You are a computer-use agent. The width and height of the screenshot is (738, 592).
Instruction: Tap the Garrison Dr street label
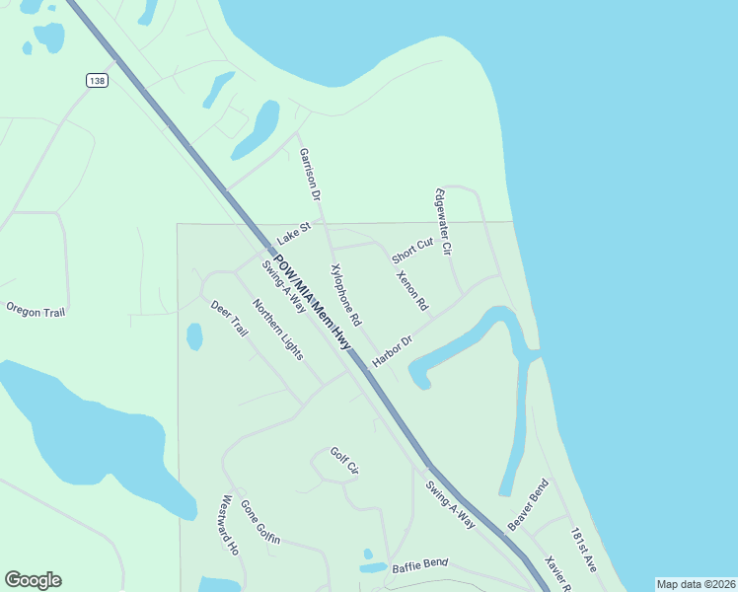click(x=310, y=175)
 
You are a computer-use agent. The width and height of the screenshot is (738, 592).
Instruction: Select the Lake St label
click(x=294, y=233)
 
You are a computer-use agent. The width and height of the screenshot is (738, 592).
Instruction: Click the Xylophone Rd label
click(x=346, y=295)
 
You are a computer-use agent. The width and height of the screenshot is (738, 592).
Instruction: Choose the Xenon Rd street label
click(x=410, y=288)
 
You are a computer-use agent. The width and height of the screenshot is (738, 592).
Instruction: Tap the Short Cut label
click(x=412, y=251)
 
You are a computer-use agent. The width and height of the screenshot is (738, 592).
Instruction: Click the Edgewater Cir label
click(x=442, y=223)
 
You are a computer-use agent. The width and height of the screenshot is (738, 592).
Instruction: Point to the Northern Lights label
click(x=277, y=329)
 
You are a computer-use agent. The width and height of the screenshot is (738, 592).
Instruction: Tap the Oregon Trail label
click(x=36, y=310)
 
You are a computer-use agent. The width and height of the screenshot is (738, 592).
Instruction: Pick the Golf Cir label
click(x=343, y=461)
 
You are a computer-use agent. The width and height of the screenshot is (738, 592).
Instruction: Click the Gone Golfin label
click(x=260, y=522)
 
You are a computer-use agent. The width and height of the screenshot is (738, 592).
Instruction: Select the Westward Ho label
click(x=231, y=525)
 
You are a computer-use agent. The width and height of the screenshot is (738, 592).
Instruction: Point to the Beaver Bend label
click(x=528, y=504)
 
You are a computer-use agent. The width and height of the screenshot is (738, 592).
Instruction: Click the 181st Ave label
click(x=583, y=550)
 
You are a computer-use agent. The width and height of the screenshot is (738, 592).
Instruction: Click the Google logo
click(x=33, y=580)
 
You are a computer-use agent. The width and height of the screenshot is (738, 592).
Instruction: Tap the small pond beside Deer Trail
click(x=194, y=336)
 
